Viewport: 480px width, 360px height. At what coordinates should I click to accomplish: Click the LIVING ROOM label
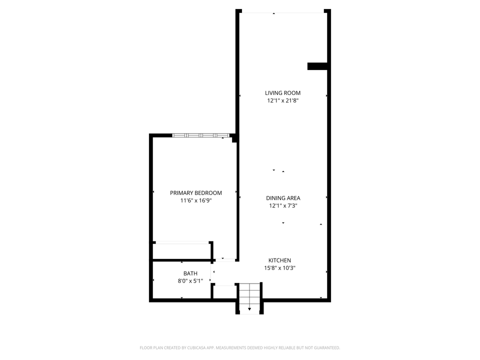[282, 93]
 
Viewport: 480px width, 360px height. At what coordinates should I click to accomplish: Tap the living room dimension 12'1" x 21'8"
[282, 100]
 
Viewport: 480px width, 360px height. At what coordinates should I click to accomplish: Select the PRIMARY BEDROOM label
[196, 193]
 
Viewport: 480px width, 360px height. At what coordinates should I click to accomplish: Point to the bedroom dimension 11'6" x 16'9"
[196, 200]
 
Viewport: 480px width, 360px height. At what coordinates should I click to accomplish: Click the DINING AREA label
[283, 198]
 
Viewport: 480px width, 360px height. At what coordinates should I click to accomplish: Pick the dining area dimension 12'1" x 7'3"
[283, 205]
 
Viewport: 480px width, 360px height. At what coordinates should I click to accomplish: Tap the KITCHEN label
[279, 260]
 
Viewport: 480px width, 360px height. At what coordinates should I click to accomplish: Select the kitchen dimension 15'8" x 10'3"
[279, 268]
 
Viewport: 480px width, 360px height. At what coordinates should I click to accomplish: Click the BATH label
[190, 273]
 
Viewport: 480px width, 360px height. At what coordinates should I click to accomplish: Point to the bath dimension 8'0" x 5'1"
[190, 281]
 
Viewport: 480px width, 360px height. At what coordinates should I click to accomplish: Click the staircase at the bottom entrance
[249, 297]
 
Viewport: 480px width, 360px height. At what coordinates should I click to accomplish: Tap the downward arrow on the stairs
[249, 309]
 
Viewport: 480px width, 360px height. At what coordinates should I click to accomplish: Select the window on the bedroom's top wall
[200, 135]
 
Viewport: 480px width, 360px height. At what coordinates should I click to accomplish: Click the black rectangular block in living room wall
[317, 66]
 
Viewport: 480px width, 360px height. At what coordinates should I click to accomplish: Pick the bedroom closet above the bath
[181, 250]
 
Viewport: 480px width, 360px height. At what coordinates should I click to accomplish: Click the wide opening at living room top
[283, 12]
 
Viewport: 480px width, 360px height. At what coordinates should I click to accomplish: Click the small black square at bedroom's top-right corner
[234, 140]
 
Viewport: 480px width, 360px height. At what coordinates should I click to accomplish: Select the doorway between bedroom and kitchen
[225, 260]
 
